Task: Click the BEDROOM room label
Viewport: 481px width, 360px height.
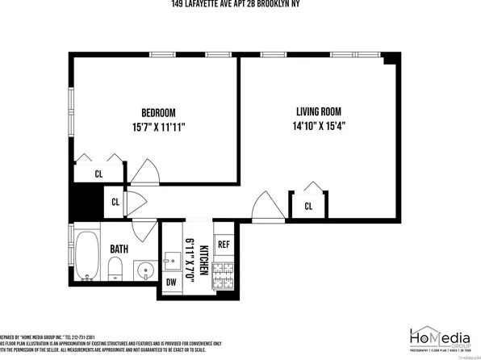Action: tap(158, 112)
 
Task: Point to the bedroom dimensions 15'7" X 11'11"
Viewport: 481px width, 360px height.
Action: tap(158, 126)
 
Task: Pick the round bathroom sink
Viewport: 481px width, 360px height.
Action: tap(144, 269)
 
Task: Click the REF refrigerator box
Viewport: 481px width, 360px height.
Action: tap(224, 244)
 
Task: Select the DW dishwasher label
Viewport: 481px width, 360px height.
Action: tap(171, 282)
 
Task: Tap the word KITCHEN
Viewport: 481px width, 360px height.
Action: tap(204, 259)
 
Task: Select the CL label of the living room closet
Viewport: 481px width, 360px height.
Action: tap(308, 207)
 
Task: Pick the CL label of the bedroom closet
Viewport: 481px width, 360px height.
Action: tap(98, 174)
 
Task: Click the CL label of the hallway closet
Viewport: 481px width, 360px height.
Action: tap(115, 203)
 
